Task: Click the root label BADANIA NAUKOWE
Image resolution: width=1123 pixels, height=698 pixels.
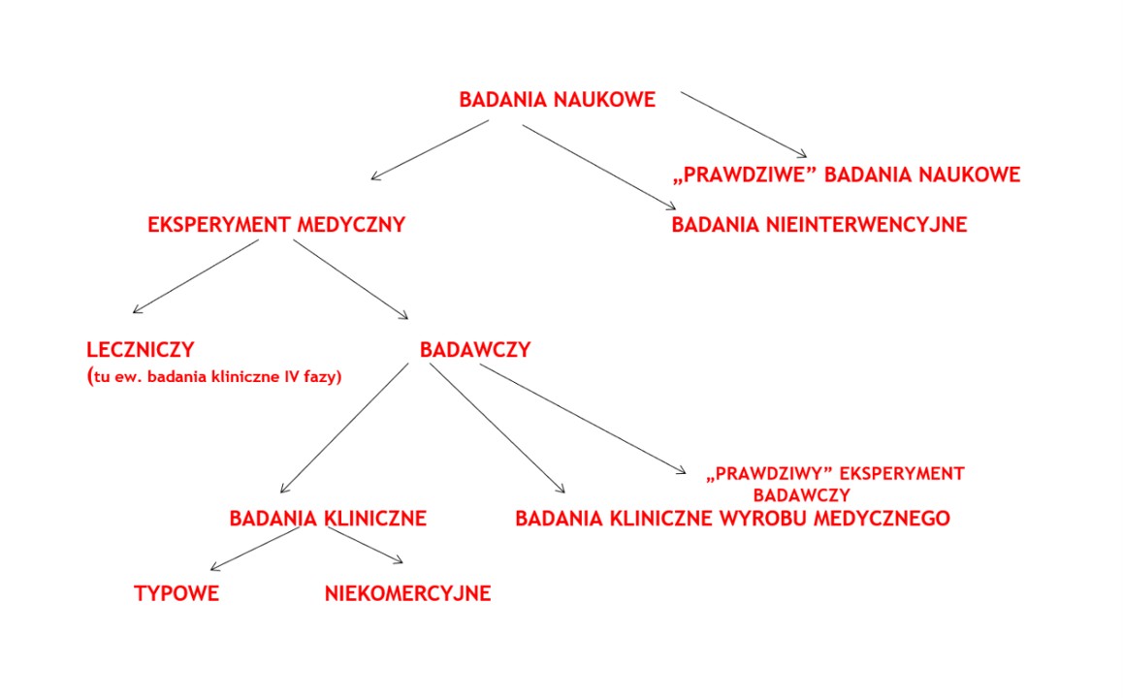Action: [557, 100]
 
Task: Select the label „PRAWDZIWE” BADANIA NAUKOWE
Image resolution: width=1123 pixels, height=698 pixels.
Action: [846, 175]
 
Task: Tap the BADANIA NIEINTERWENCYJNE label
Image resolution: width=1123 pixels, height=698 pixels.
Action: [819, 225]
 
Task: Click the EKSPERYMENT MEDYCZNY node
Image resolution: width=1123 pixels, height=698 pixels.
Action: [275, 225]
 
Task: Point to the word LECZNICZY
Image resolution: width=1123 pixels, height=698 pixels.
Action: [140, 350]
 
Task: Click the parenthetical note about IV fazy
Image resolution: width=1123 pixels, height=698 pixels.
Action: [213, 376]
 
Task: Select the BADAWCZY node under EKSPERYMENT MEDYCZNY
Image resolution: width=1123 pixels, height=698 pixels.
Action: [475, 350]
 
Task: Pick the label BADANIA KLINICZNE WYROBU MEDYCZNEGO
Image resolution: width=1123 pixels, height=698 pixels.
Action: [732, 519]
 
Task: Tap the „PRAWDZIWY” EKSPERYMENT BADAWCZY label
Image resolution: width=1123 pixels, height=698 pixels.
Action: [836, 483]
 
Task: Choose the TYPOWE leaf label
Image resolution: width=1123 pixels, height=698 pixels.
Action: [176, 594]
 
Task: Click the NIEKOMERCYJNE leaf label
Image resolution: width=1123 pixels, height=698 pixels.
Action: [407, 594]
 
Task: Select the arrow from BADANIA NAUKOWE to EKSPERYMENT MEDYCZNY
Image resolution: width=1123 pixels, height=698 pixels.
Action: [430, 149]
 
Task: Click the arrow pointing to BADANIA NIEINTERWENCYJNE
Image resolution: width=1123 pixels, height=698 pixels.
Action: [598, 165]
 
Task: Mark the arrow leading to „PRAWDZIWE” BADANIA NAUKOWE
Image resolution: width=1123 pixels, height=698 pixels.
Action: [743, 124]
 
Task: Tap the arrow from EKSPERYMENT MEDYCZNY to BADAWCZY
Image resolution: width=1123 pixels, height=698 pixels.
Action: [350, 278]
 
